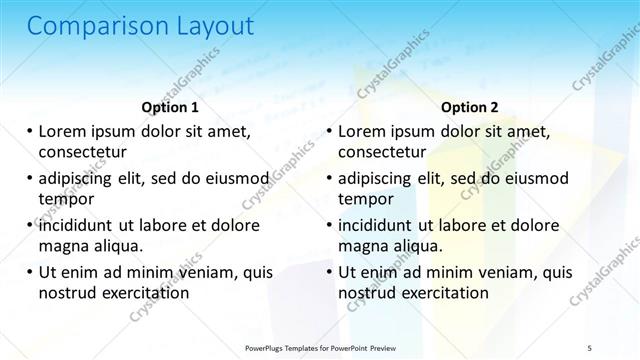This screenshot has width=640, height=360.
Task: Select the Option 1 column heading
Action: pyautogui.click(x=170, y=107)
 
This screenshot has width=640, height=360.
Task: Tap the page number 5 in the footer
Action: pyautogui.click(x=589, y=347)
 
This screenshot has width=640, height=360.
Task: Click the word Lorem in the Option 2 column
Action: pyautogui.click(x=364, y=131)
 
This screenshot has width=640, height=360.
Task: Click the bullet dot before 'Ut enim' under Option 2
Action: pyautogui.click(x=328, y=272)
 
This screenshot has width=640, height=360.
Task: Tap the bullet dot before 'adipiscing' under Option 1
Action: pyautogui.click(x=29, y=178)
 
